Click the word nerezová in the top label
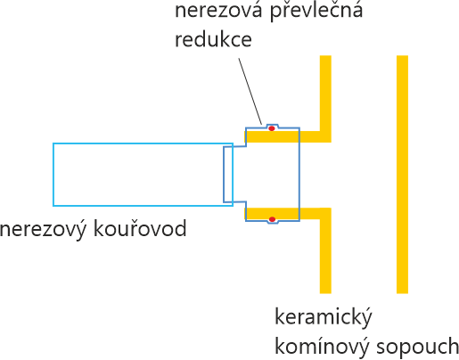[x=218, y=11]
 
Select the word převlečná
[x=316, y=12]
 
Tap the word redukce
[x=213, y=39]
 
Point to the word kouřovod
[x=140, y=229]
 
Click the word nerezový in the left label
[x=44, y=230]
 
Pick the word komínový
[x=322, y=347]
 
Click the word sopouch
[x=417, y=348]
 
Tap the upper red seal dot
[x=272, y=128]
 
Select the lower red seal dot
[x=272, y=219]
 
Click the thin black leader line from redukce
[x=250, y=91]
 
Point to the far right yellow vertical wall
[x=402, y=175]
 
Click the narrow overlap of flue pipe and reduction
[x=228, y=175]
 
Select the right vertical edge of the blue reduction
[x=299, y=175]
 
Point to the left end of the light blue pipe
[x=53, y=175]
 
